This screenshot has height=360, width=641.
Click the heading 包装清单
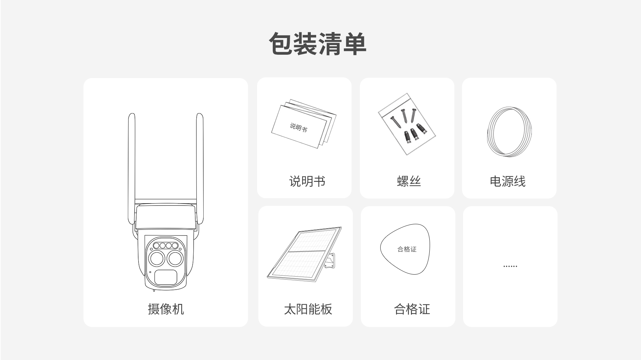click(x=318, y=44)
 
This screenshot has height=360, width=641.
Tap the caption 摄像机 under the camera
click(x=166, y=309)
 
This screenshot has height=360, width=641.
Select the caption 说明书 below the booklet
click(x=307, y=181)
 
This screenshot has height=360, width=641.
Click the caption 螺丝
click(x=409, y=181)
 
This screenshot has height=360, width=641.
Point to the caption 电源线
click(x=507, y=181)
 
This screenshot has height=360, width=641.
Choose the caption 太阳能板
click(x=308, y=309)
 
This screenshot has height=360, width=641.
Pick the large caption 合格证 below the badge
click(x=412, y=309)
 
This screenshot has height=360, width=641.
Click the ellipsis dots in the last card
click(x=510, y=266)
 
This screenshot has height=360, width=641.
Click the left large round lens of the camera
click(x=156, y=259)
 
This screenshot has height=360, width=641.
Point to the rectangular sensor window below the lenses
click(x=166, y=277)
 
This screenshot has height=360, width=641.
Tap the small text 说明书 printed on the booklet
click(x=298, y=127)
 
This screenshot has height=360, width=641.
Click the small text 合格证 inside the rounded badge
click(x=407, y=249)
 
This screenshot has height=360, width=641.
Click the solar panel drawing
click(x=304, y=254)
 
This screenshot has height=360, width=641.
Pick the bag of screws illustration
click(x=407, y=124)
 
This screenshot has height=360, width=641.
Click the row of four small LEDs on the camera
click(x=165, y=246)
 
